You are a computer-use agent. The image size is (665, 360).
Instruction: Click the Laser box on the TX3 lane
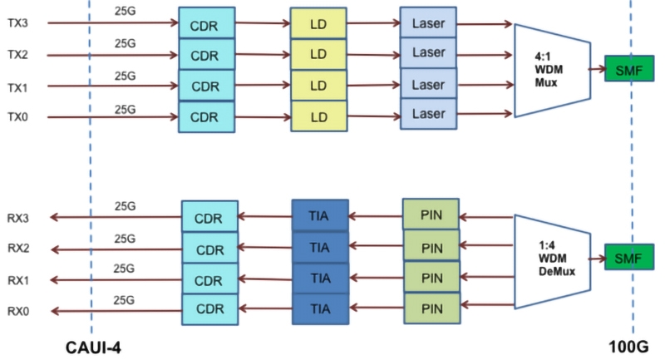428,24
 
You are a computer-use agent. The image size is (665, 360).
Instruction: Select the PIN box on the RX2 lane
431,248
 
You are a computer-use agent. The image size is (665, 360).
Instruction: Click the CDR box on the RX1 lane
209,279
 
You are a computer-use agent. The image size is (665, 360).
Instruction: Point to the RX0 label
18,310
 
